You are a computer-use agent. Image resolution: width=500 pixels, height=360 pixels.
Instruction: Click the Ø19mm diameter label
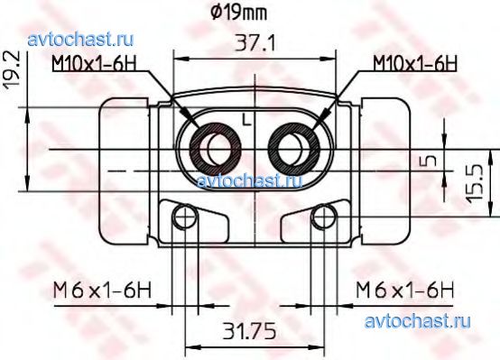coord(239,13)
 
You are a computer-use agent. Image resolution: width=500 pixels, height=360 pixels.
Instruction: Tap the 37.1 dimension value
coord(255,43)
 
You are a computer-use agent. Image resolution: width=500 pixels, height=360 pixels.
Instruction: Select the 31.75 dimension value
coord(249,331)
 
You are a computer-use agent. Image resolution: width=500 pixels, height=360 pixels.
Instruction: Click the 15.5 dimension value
coord(475,183)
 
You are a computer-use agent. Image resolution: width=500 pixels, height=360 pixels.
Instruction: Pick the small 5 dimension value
coord(430,161)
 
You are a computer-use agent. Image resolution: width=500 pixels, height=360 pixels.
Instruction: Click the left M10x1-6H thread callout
coord(95,64)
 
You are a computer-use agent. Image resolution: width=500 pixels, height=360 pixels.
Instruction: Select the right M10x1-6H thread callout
coord(415,63)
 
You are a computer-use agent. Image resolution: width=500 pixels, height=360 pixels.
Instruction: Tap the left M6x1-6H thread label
coord(102,291)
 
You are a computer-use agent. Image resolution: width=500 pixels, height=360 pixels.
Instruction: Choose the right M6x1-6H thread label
coord(404,290)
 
